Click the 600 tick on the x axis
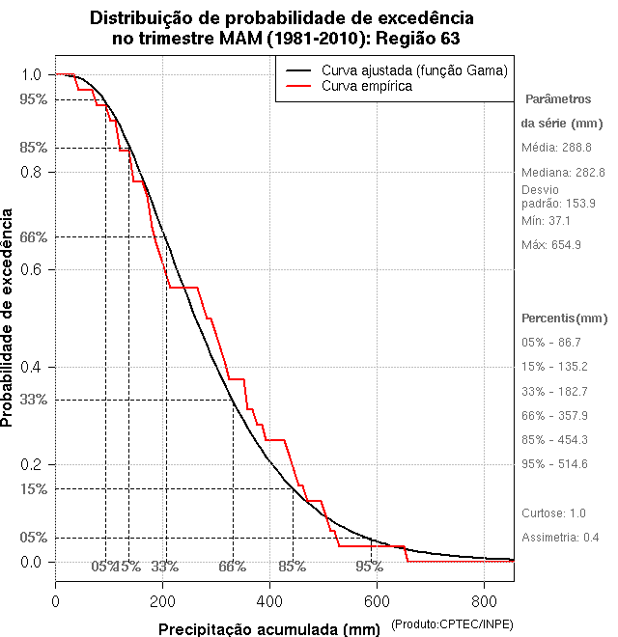coord(377,601)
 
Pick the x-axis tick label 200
coord(163,601)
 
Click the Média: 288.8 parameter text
coord(556,148)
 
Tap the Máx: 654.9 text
coord(550,244)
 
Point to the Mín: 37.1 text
coord(547,220)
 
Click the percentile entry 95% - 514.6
coord(554,463)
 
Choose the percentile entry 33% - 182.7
coord(554,391)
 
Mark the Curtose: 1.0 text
coord(553,512)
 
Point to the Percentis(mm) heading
coord(564,318)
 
